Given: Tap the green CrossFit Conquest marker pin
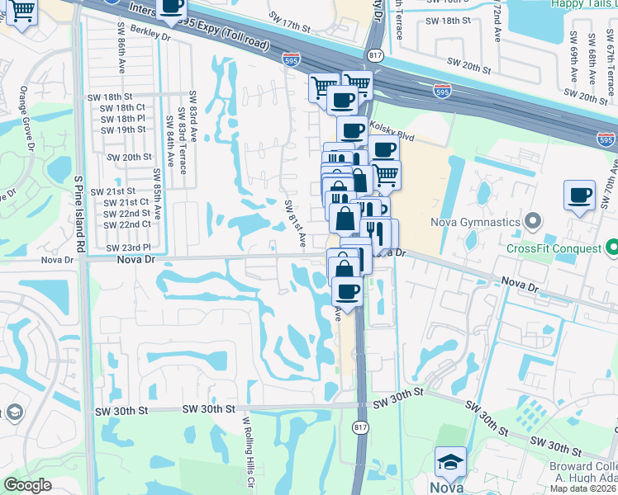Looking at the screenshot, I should tap(611, 247).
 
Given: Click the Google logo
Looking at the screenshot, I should tap(27, 485).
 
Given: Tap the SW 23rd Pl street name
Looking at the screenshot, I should tap(129, 247).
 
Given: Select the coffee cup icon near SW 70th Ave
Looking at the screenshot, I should tap(580, 196).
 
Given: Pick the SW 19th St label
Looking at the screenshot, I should tap(122, 130).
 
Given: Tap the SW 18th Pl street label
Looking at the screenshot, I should tap(122, 119).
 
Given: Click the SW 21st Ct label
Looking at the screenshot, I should tap(121, 202).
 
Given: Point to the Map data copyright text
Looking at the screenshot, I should tap(583, 488).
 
